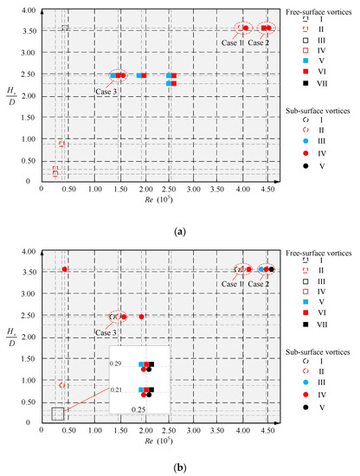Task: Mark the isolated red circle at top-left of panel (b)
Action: [x=65, y=269]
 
